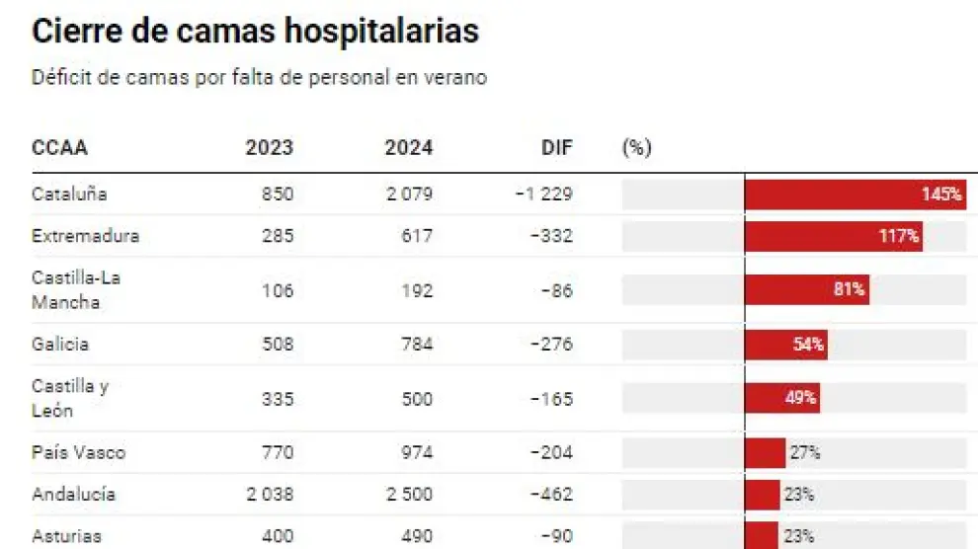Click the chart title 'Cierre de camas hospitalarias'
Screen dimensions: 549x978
[255, 31]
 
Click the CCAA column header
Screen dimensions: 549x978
[59, 148]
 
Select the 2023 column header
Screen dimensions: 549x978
[269, 148]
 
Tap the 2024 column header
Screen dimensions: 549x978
[408, 148]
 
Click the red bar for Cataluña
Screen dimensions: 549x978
[855, 195]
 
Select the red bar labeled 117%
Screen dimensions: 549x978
[833, 237]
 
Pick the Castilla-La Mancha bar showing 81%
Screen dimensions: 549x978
[806, 290]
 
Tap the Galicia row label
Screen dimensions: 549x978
[60, 345]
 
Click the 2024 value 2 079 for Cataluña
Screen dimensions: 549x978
[408, 195]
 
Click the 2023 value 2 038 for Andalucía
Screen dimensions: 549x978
[269, 495]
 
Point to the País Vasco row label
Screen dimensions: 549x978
[78, 453]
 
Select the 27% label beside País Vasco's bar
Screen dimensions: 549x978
[804, 453]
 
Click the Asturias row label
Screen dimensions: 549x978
[66, 537]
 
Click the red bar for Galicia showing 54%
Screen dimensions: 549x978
[785, 345]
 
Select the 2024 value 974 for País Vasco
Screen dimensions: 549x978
[416, 453]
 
